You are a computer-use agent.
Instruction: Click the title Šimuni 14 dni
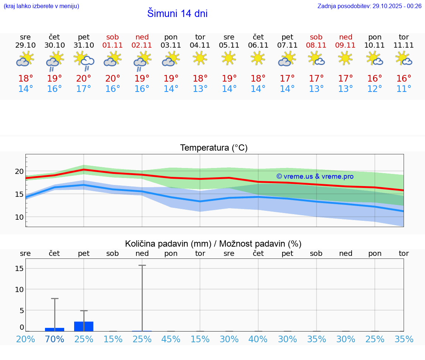coord(177,14)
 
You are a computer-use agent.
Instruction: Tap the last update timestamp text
coord(369,6)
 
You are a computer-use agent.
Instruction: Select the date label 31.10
coord(84,45)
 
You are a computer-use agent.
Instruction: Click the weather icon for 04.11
coord(200,58)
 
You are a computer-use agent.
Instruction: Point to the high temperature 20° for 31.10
coord(84,79)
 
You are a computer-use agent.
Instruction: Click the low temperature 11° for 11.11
coord(404,89)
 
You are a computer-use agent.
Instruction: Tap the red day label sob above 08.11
coord(316,37)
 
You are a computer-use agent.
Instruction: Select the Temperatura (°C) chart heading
coord(214,148)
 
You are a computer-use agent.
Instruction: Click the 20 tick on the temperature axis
coord(20,171)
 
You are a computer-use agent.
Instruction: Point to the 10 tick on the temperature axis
coord(20,217)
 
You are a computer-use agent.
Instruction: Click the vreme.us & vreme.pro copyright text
coord(315,176)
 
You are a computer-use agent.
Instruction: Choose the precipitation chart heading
coord(213,244)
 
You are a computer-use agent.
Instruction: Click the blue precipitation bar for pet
coord(84,326)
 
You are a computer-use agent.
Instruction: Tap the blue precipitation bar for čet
coord(55,329)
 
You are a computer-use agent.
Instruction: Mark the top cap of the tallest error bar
coord(142,265)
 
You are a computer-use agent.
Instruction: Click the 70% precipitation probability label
coord(55,339)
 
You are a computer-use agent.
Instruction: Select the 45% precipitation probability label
coord(171,339)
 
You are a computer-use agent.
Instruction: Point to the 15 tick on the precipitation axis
coord(19,268)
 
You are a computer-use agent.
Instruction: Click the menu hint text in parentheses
coord(41,6)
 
